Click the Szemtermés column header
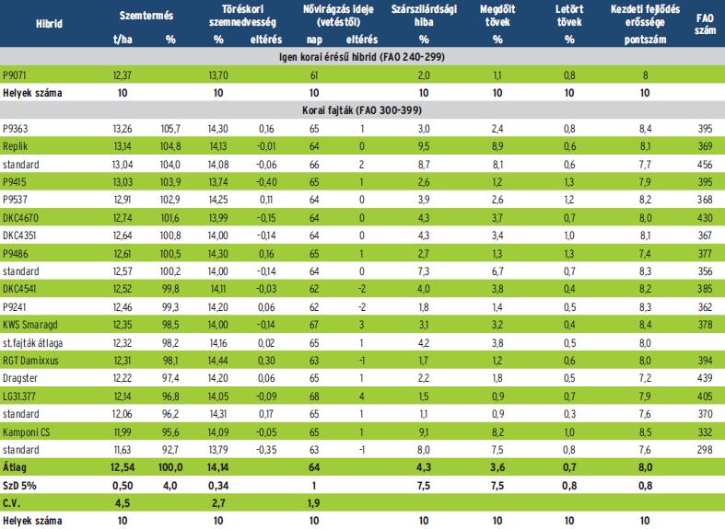tap(146, 16)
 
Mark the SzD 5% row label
tap(18, 486)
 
